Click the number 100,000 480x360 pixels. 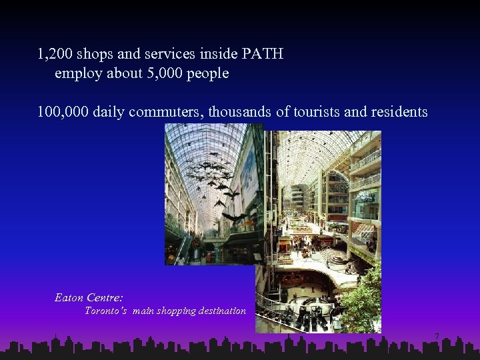click(x=63, y=112)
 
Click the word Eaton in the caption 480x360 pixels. click(x=69, y=297)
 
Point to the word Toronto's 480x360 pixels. click(x=105, y=311)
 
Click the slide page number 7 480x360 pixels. click(x=437, y=337)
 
